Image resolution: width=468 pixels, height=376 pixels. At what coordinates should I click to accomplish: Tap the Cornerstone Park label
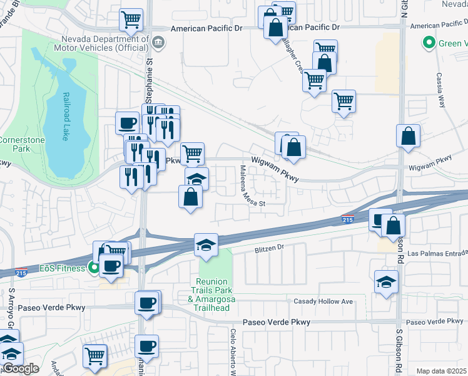click(21, 145)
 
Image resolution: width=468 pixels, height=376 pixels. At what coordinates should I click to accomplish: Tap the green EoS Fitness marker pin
click(94, 268)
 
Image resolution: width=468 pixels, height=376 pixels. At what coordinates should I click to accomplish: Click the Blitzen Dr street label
click(269, 248)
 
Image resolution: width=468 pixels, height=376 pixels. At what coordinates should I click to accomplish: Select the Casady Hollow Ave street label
click(323, 302)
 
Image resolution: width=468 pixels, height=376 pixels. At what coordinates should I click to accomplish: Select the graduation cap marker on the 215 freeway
click(205, 245)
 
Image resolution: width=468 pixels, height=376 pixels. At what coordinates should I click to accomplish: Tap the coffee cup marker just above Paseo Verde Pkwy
click(147, 303)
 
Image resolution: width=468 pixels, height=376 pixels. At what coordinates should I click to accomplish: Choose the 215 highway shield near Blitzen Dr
click(348, 219)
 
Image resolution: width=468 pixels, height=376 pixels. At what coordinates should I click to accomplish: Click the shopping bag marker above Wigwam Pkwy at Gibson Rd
click(408, 135)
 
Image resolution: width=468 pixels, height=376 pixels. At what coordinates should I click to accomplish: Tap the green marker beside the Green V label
click(429, 43)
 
